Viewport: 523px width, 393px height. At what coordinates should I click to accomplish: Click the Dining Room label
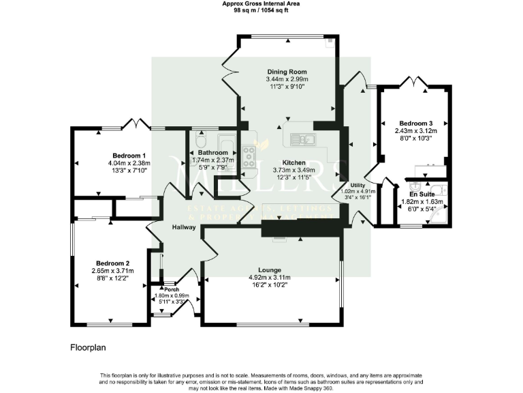(287, 72)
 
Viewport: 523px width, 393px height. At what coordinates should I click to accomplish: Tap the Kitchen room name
(284, 162)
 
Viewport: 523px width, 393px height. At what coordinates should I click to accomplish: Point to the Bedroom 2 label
(112, 263)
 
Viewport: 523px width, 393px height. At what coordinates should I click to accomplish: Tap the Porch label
(171, 289)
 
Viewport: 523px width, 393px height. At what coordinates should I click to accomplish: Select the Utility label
(358, 186)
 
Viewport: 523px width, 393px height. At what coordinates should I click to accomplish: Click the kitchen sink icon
(300, 140)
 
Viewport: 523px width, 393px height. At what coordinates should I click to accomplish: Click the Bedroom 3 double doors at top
(416, 82)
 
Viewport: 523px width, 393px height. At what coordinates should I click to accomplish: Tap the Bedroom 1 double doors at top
(135, 124)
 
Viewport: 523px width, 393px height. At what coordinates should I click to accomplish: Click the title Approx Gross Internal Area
(261, 3)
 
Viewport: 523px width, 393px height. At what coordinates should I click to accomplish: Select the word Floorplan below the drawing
(89, 347)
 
